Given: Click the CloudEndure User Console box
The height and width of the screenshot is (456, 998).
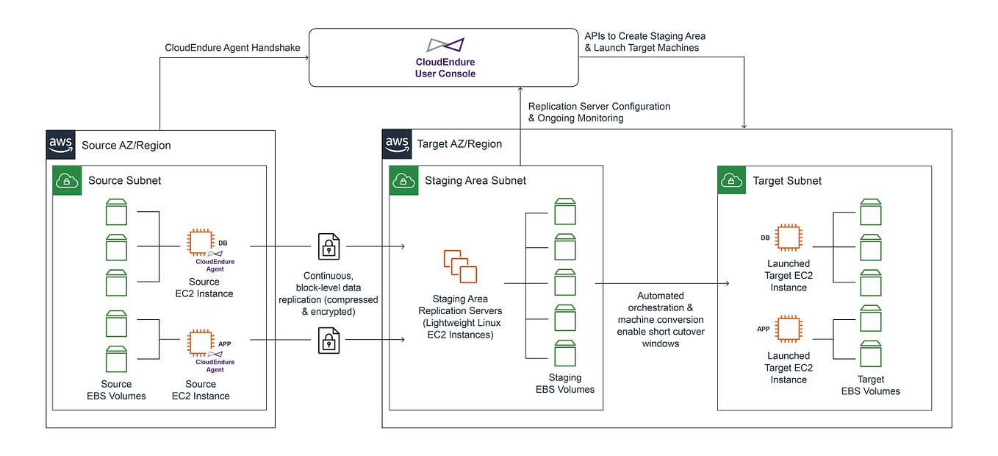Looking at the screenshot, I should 444,57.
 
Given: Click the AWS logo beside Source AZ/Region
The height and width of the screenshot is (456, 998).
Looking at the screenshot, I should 60,144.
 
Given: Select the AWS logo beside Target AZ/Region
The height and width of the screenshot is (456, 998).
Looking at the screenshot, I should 397,143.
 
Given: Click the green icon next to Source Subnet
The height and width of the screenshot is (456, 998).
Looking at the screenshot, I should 67,180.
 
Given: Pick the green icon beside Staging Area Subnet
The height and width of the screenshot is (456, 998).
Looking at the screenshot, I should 403,180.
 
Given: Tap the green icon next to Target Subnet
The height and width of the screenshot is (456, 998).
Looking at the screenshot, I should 731,180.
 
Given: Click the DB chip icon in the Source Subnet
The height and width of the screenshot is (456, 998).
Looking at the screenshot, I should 200,242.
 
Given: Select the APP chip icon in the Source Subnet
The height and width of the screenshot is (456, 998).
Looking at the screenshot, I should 200,342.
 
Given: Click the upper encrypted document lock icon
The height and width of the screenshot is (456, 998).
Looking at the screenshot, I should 329,247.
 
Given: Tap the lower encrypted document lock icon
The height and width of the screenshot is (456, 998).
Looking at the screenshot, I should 329,340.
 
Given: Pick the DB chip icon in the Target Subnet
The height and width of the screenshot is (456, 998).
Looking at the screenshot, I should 789,237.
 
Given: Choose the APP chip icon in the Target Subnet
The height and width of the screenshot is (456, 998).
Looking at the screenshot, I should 789,328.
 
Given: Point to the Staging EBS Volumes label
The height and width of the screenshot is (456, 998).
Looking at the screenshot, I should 564,383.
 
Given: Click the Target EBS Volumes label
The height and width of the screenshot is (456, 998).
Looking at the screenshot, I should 870,385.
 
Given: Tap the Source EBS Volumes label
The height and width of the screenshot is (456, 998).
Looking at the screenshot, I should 116,390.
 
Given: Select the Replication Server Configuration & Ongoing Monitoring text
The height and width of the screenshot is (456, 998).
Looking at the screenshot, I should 599,112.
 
